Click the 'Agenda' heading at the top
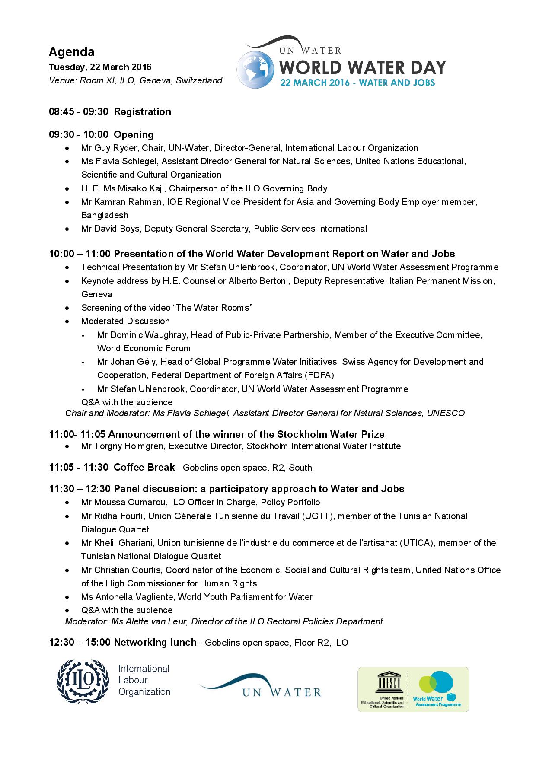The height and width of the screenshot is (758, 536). (71, 52)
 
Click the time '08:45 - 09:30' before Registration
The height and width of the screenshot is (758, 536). (79, 111)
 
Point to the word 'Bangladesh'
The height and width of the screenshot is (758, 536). (105, 215)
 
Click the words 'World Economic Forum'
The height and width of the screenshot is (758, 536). (144, 348)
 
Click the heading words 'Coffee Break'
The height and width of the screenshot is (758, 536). (144, 467)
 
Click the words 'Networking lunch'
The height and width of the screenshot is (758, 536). (155, 643)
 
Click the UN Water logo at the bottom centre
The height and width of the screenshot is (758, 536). (260, 686)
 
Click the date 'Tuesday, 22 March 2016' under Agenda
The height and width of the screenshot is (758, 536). (100, 67)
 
